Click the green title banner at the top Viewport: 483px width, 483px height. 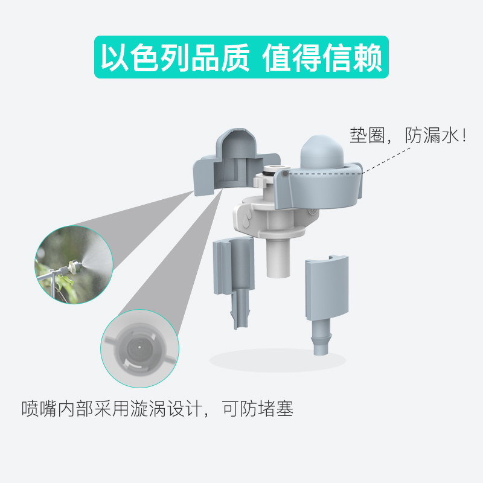click(x=241, y=57)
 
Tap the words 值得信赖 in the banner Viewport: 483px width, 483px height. click(x=323, y=59)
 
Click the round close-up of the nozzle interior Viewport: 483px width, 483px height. click(x=140, y=349)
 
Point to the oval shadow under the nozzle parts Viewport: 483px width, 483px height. click(x=278, y=360)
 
